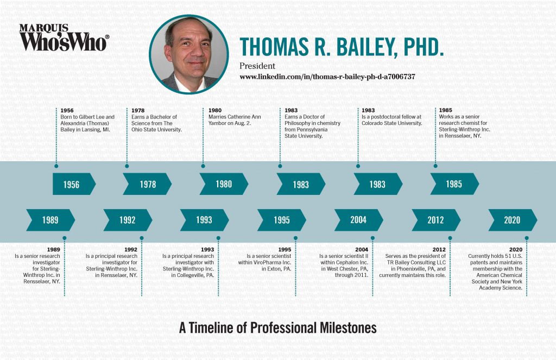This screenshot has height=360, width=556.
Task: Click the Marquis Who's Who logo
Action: pos(64,37)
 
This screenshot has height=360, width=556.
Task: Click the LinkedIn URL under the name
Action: pos(327,77)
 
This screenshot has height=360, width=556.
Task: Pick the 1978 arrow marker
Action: pos(147,184)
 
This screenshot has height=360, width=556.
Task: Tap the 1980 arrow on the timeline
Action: pos(224,184)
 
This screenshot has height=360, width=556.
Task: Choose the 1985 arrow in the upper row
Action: pos(454,184)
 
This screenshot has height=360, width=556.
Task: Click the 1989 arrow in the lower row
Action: pos(50,220)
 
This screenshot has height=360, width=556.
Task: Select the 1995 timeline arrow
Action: pos(281,220)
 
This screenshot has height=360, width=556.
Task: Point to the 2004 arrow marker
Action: pos(358,220)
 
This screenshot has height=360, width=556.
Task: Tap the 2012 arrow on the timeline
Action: pos(435,220)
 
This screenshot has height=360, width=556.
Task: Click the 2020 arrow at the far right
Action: pos(512,220)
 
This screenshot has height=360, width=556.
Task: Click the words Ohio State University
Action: pos(158,130)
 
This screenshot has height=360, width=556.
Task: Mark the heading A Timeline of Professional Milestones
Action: pos(277,328)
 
